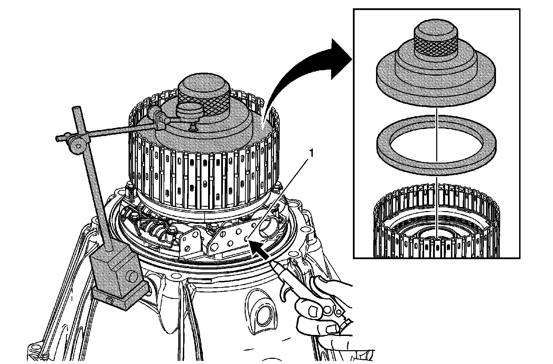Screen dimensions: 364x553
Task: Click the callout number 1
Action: tap(312, 153)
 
